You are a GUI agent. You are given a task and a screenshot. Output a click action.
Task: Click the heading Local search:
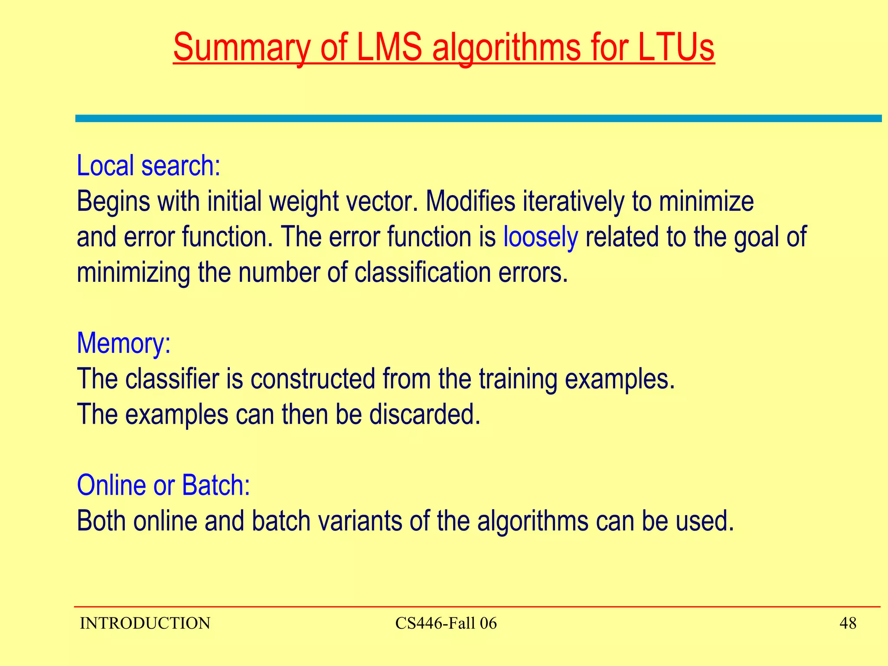(148, 166)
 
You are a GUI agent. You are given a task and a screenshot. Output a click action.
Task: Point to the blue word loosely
(540, 237)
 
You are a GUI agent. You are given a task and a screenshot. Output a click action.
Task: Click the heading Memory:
(124, 343)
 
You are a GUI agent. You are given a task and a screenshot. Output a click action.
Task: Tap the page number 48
(848, 624)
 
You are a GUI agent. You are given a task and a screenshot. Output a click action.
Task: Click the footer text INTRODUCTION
(145, 624)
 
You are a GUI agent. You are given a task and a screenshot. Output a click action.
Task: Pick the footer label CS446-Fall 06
(446, 624)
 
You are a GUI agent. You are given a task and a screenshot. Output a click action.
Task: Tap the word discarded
(424, 415)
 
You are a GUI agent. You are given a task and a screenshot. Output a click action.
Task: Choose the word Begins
(113, 202)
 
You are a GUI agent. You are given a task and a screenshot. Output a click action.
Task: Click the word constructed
(313, 379)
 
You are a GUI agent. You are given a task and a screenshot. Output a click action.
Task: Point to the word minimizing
(133, 273)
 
